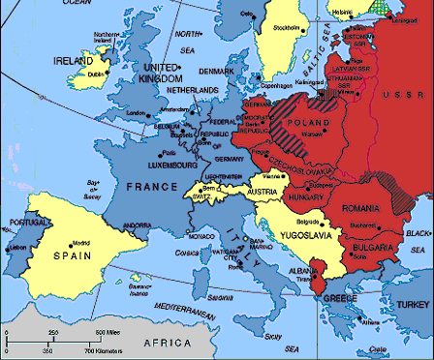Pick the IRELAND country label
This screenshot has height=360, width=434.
click(x=76, y=60)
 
